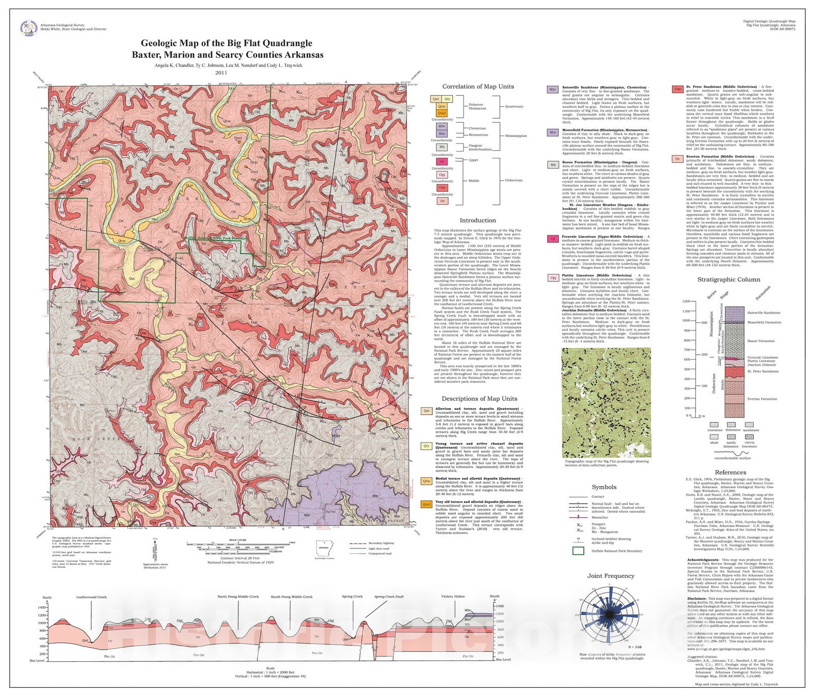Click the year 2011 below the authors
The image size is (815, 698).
click(x=221, y=73)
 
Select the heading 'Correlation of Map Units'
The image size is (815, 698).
click(x=478, y=87)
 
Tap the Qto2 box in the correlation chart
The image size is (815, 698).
click(x=442, y=114)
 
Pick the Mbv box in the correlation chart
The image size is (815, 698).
click(x=442, y=126)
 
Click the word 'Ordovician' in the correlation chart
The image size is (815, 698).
click(x=513, y=180)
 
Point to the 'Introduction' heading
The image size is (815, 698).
click(x=477, y=220)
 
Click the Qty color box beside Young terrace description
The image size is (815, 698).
click(x=427, y=446)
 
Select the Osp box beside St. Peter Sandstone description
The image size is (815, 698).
click(x=677, y=89)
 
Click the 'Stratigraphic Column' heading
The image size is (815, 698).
click(x=728, y=280)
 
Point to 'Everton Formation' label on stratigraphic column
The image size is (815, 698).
click(x=762, y=399)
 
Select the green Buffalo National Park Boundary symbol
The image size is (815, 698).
click(x=578, y=550)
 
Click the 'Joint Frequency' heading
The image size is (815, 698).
click(x=611, y=576)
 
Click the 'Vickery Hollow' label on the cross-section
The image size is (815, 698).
click(x=453, y=597)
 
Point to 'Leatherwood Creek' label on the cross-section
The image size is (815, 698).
click(x=91, y=597)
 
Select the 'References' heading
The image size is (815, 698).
click(x=730, y=472)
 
